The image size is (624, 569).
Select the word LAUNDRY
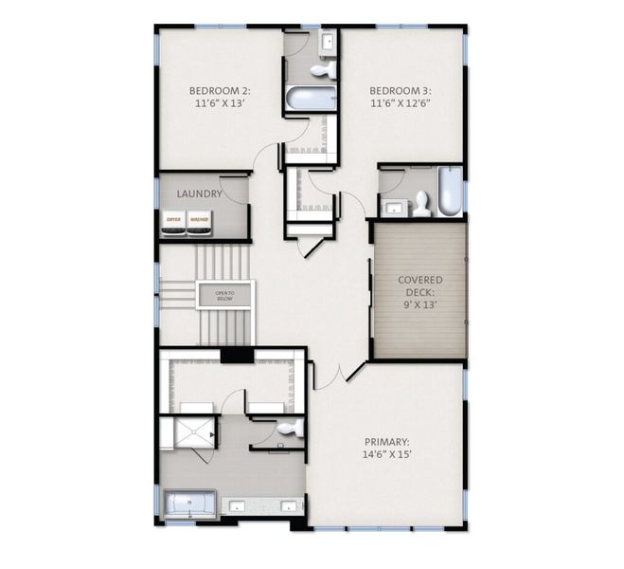click(200, 193)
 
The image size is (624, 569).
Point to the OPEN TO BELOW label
click(224, 296)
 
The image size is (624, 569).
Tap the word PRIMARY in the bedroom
click(387, 442)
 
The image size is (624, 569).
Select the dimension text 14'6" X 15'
click(387, 455)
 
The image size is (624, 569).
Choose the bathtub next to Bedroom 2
click(310, 99)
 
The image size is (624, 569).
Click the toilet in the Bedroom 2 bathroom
click(324, 68)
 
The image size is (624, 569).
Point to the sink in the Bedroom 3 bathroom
click(392, 206)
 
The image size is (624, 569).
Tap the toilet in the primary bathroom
click(291, 429)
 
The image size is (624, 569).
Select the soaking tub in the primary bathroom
click(190, 504)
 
